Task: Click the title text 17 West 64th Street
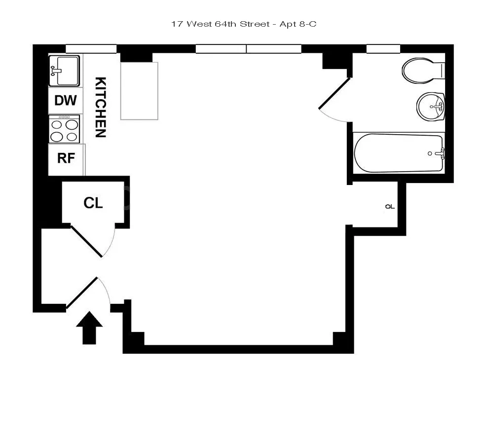[221, 24]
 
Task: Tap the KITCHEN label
[100, 107]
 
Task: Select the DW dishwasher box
[66, 101]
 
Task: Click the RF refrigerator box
[66, 158]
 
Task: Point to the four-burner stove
[65, 129]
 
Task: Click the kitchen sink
[65, 70]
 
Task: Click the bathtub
[399, 153]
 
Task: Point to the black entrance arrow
[90, 328]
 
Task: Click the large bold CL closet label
[93, 203]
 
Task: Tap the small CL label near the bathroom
[390, 207]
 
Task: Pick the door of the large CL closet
[87, 241]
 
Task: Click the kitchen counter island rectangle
[139, 91]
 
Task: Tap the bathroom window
[383, 49]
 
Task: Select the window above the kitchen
[91, 49]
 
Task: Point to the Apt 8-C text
[299, 24]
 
